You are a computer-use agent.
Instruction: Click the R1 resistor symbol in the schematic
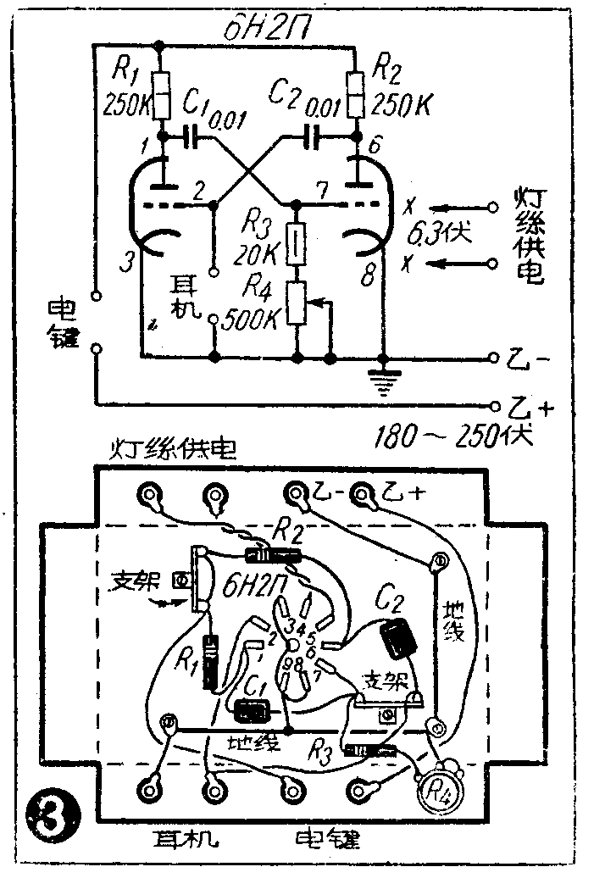point(161,96)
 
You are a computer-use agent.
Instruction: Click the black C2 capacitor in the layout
point(397,637)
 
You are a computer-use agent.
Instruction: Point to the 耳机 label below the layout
point(184,839)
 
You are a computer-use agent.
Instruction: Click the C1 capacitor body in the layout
point(252,709)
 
